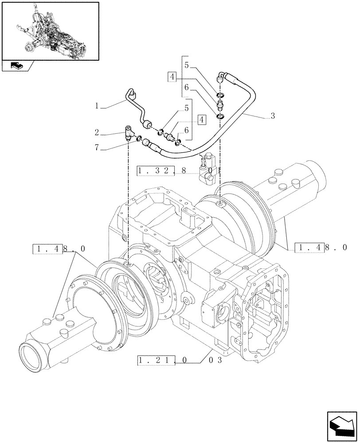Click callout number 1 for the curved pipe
96,106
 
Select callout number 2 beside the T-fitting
96,133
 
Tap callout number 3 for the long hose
273,116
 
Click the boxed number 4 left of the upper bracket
172,77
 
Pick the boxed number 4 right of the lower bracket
202,119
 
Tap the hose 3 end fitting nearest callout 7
149,144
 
